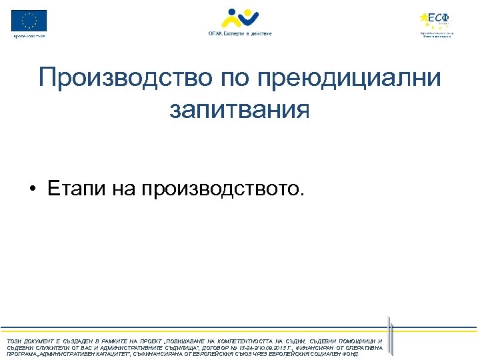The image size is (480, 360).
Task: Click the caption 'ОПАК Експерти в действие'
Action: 240,33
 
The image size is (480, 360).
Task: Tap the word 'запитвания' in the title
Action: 239,109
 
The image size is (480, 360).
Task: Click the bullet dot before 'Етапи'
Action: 32,189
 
